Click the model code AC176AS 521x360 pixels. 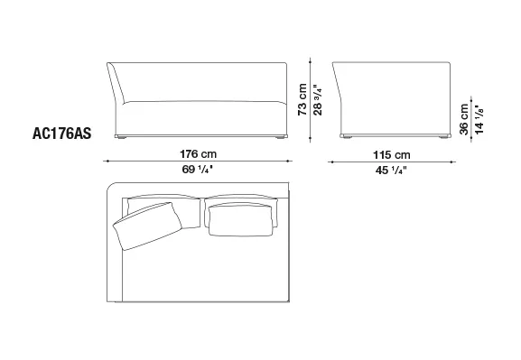point(61,134)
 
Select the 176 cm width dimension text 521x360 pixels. point(198,154)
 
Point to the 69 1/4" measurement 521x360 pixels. point(197,170)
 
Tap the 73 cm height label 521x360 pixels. point(302,99)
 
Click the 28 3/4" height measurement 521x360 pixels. point(318,99)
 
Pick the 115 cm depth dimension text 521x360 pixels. point(391,155)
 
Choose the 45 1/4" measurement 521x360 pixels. point(391,171)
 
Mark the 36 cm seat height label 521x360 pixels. point(464,119)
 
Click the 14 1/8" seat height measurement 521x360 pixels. point(479,120)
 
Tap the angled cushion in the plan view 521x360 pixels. point(148,226)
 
